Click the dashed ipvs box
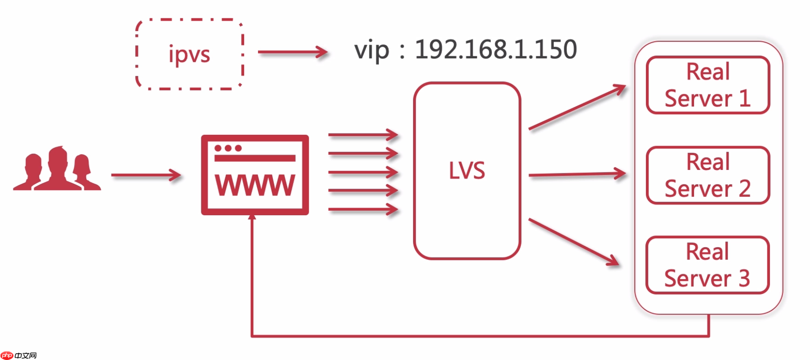189,54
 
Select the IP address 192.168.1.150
495,49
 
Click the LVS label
467,171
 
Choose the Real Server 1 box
708,85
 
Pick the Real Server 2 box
708,175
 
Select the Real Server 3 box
707,265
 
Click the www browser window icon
255,175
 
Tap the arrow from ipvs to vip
293,52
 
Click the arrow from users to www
146,175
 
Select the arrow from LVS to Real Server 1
577,107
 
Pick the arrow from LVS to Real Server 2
577,174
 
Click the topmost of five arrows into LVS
363,134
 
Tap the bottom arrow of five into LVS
363,209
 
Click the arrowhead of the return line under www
252,218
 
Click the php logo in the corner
7,356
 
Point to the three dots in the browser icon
228,148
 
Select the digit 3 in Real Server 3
744,278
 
